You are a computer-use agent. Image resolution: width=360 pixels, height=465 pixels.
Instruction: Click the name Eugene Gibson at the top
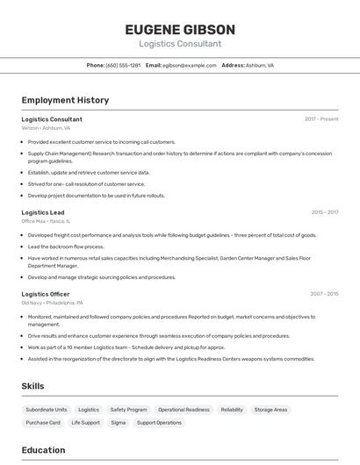179,29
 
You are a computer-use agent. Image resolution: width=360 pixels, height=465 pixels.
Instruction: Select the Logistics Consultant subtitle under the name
179,44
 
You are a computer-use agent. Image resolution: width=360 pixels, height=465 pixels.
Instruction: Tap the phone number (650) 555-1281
123,66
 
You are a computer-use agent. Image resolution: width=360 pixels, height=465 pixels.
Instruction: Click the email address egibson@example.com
189,66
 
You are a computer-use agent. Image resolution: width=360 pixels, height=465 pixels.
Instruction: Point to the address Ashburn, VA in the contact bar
260,66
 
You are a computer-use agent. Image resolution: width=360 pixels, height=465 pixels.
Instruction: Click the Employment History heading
65,100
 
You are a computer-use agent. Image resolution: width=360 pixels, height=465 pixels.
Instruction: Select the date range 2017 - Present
321,118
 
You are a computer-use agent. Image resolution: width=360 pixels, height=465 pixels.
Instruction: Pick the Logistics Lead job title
43,212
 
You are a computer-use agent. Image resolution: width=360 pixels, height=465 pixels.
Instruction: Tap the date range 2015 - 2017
324,212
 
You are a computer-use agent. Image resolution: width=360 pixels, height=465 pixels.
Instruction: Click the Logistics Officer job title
46,294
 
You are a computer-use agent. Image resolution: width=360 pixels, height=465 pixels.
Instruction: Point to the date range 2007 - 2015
324,294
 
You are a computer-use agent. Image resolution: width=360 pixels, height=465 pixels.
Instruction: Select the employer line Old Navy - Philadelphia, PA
53,303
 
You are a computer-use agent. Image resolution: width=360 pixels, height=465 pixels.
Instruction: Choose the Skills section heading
32,386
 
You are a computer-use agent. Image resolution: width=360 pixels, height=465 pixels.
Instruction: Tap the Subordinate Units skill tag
47,410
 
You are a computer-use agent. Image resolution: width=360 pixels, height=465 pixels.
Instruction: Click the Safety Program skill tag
128,410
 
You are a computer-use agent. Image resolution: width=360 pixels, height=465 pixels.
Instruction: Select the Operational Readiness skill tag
184,410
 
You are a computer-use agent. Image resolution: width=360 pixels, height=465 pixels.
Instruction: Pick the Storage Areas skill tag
270,410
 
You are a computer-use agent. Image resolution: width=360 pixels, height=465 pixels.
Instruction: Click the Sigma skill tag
118,423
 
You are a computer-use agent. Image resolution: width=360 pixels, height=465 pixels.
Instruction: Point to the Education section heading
43,450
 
